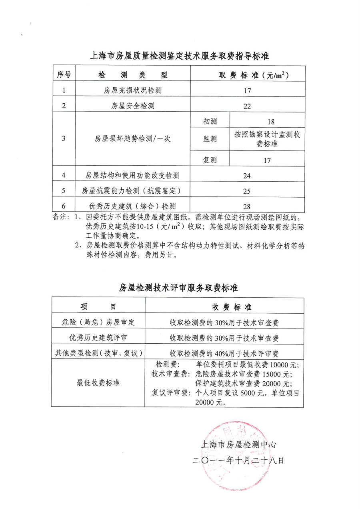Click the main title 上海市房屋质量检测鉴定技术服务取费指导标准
[180, 56]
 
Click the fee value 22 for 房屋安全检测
[247, 106]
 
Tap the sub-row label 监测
[210, 139]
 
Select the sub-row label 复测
[210, 160]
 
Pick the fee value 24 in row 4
[247, 176]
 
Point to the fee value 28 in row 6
[247, 206]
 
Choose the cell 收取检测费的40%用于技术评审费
[224, 353]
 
